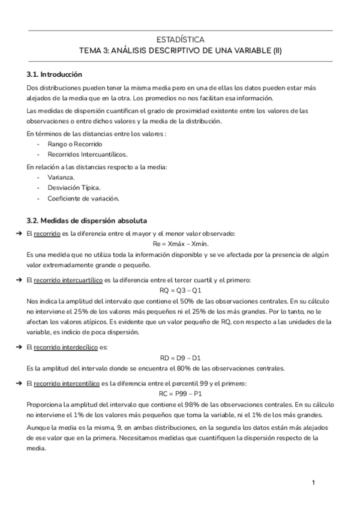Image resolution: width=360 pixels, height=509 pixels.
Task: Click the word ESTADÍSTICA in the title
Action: (180, 40)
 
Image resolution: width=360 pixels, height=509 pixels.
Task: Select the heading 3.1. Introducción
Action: (55, 75)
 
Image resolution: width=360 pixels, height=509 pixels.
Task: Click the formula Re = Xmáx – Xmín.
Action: (180, 244)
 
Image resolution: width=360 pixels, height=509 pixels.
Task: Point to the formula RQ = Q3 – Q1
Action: (180, 291)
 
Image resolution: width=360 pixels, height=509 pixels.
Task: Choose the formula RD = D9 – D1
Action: (180, 357)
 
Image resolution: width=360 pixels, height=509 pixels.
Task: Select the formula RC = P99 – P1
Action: (180, 393)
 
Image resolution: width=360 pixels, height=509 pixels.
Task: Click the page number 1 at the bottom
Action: (313, 483)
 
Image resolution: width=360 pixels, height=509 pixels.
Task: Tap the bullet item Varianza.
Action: (61, 178)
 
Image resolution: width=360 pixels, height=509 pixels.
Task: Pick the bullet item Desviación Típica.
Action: (71, 188)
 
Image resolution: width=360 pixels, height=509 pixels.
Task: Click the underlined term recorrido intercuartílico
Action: (68, 280)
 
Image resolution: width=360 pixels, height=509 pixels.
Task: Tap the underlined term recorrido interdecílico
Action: (67, 347)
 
